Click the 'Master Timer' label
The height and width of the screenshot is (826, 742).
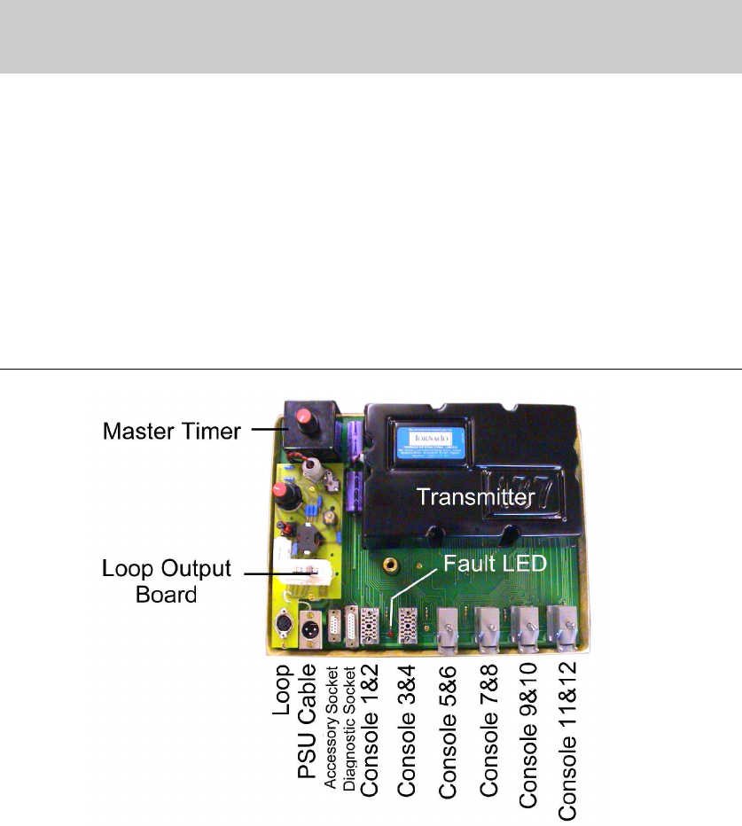(x=170, y=432)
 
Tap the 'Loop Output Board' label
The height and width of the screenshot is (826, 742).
(x=167, y=581)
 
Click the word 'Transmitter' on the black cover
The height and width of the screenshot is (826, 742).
(x=477, y=497)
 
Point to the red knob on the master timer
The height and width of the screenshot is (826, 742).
(x=305, y=417)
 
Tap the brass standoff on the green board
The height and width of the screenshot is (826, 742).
(x=389, y=565)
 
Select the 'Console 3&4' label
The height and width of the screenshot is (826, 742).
(x=408, y=728)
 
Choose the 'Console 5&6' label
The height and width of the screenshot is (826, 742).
(x=448, y=728)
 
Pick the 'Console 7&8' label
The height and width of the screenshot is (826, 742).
(x=488, y=728)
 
